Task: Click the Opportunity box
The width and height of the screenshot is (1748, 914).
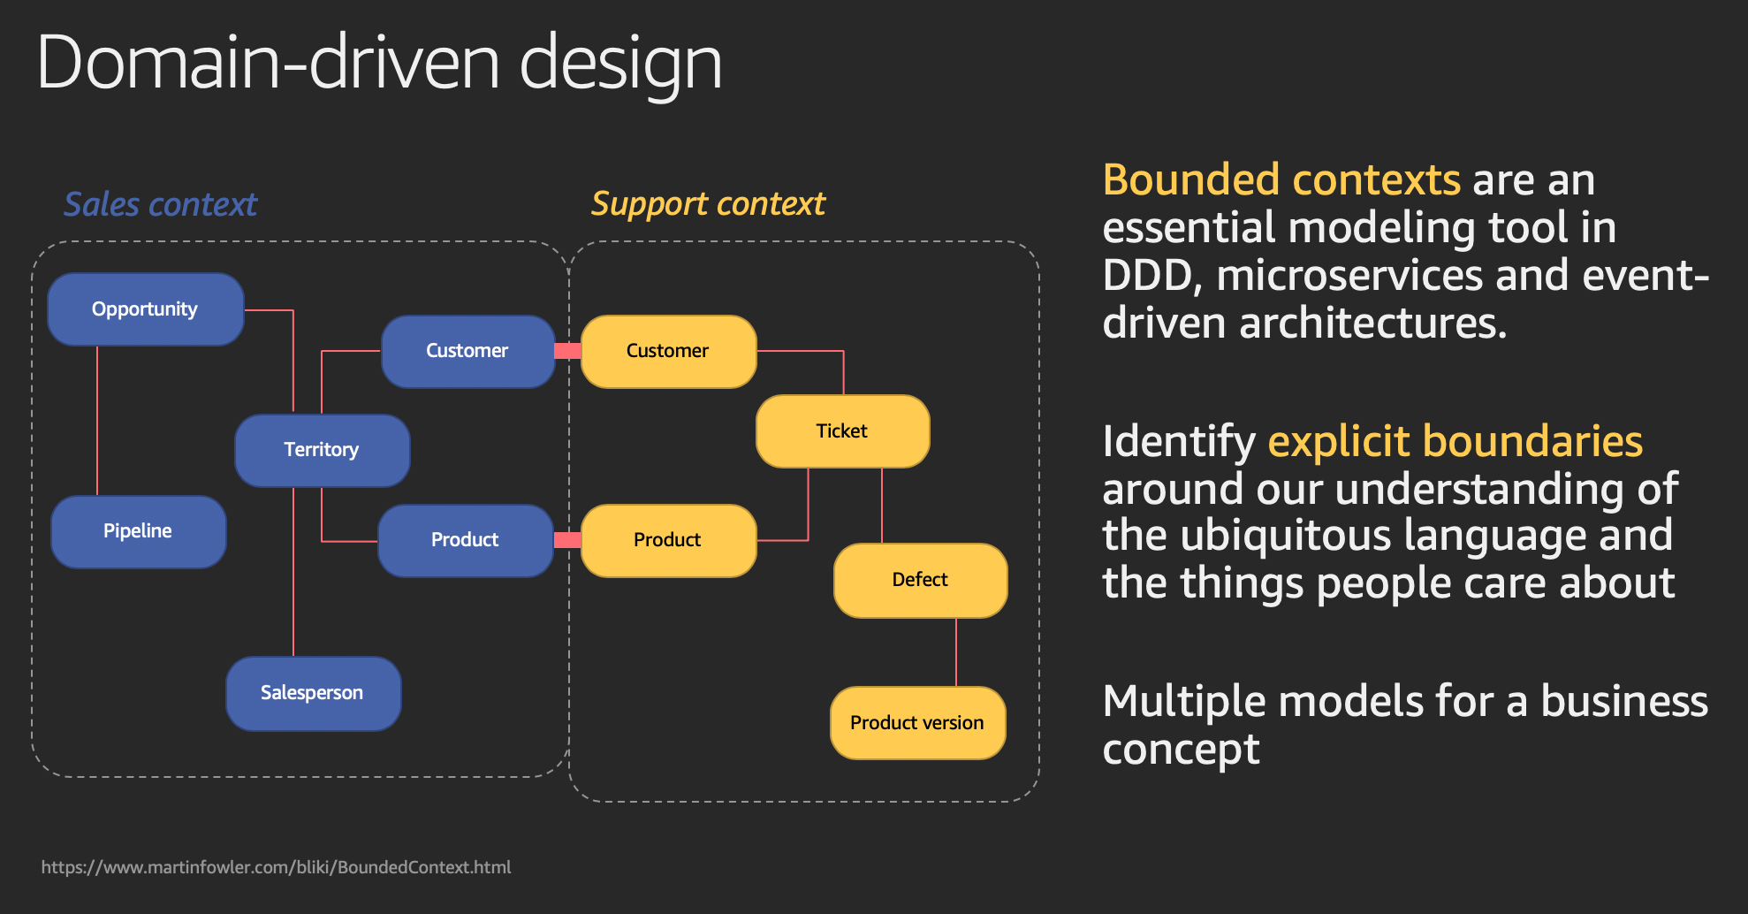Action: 146,309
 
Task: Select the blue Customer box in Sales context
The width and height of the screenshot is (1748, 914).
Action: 468,351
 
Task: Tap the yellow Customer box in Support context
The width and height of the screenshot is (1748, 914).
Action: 669,351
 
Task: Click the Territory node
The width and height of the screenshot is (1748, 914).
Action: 323,450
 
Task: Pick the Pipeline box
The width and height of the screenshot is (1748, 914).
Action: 139,531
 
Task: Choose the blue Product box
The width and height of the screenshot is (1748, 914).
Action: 466,540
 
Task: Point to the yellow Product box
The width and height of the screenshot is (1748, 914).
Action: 669,540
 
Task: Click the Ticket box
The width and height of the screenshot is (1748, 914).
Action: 843,430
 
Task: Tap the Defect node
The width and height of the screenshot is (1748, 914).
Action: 921,580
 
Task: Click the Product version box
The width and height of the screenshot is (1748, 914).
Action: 918,722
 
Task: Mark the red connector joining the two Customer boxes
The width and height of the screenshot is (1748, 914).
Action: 568,351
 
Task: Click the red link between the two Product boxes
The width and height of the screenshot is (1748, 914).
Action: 567,540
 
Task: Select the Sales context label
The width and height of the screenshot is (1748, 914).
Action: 161,204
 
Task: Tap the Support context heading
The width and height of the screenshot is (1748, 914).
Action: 708,204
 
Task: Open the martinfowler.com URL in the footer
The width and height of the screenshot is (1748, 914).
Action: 276,867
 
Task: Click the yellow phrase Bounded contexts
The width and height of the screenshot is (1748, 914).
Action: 1281,180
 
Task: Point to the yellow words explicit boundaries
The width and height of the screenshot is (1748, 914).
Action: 1455,441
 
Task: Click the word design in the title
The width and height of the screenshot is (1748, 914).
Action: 621,64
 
